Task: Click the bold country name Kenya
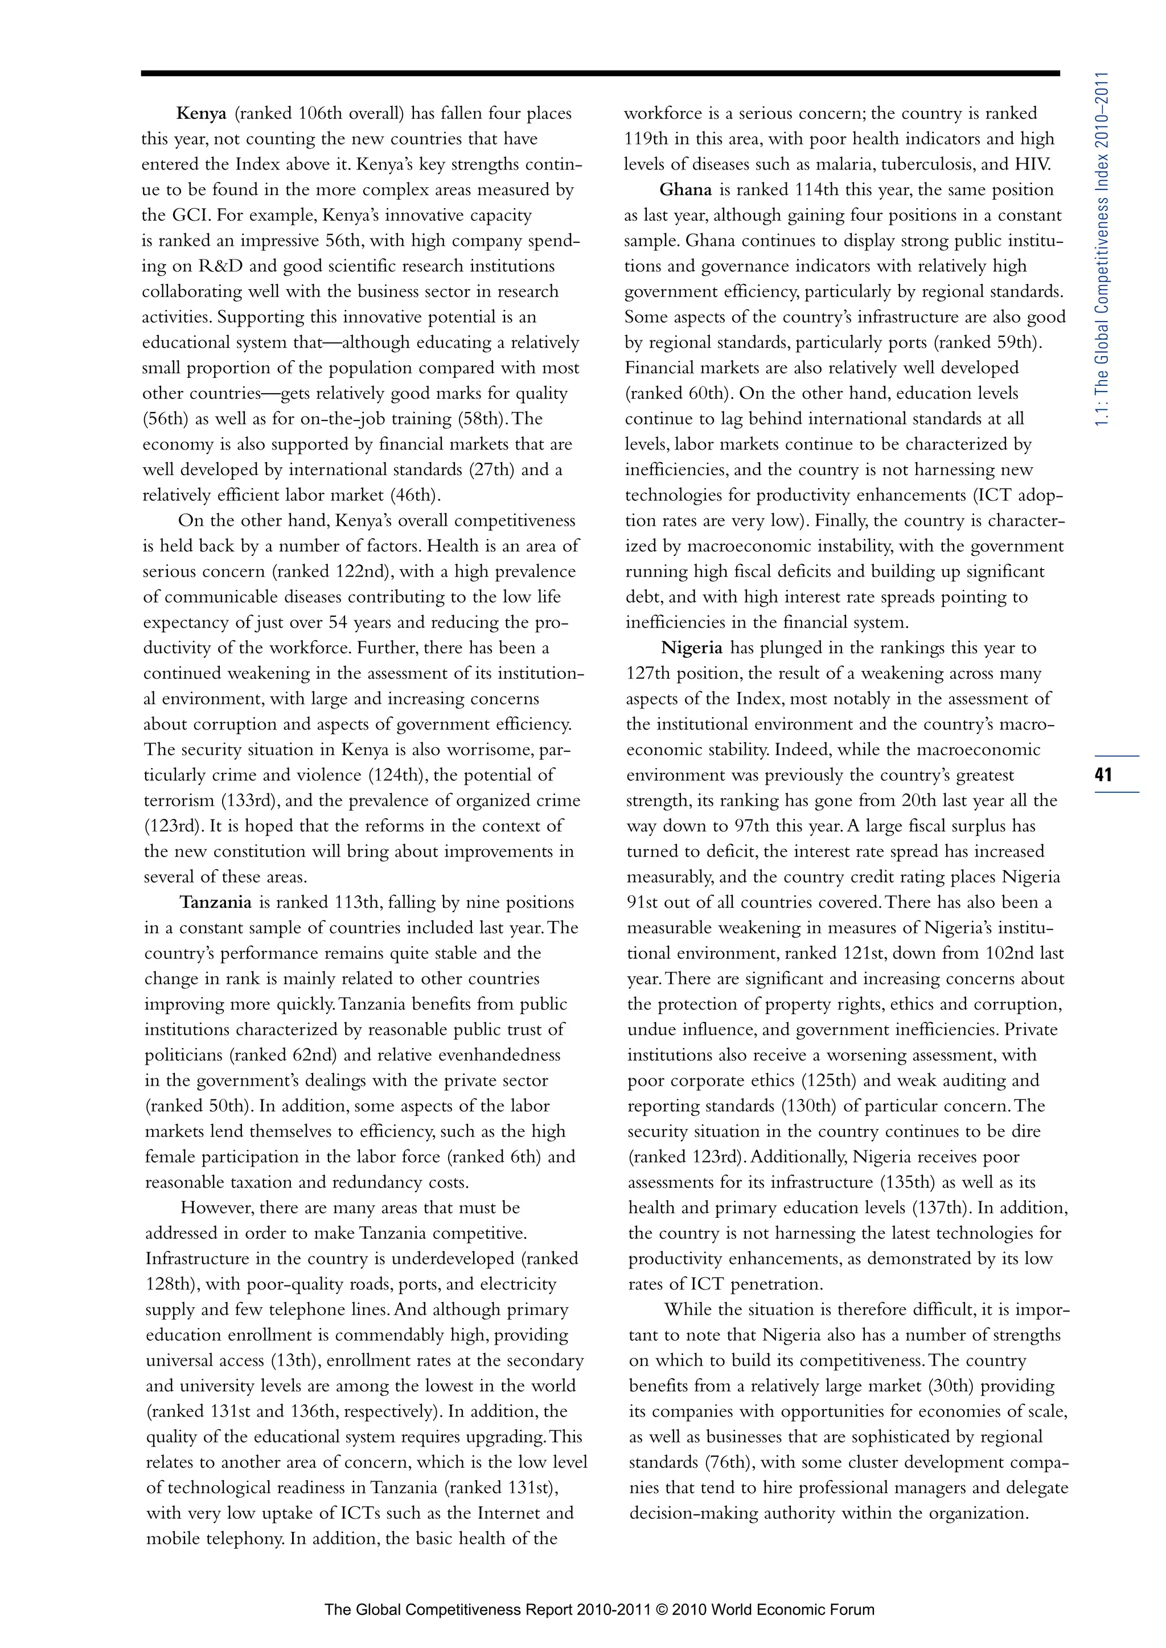[201, 113]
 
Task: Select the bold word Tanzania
[215, 902]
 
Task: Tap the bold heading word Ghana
[685, 190]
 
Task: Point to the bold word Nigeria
[691, 648]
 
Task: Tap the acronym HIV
[1032, 164]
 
